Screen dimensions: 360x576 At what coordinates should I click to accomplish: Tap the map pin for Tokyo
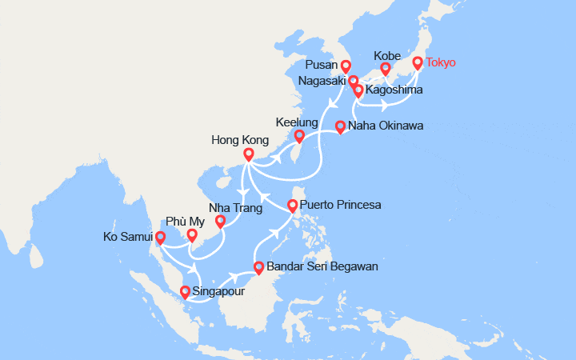click(418, 62)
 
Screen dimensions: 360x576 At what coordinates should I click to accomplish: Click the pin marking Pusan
click(345, 66)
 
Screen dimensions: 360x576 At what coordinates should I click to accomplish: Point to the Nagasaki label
click(322, 81)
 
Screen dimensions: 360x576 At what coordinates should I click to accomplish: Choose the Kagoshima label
click(392, 91)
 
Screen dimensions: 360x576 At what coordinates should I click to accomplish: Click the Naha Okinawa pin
click(340, 126)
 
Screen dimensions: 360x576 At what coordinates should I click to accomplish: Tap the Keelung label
click(297, 123)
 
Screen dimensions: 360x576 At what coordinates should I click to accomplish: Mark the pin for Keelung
click(298, 136)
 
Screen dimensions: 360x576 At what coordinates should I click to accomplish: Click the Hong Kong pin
click(249, 154)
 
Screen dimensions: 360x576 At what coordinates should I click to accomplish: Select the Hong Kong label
click(240, 140)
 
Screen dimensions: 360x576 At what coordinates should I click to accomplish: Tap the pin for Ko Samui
click(161, 237)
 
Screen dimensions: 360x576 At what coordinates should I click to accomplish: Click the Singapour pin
click(186, 292)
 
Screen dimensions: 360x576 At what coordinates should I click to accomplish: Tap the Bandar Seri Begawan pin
click(258, 267)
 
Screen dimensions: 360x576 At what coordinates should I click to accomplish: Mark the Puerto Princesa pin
click(293, 206)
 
